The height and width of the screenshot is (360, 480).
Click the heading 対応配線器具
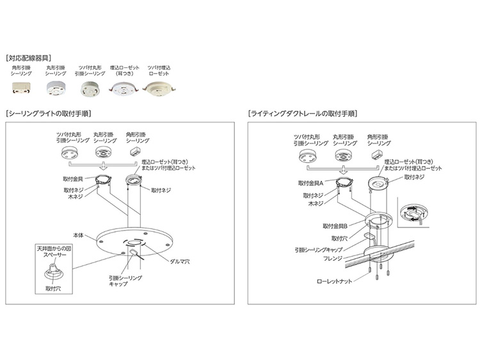coord(29,58)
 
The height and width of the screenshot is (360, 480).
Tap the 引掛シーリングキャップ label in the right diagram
coord(317,251)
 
